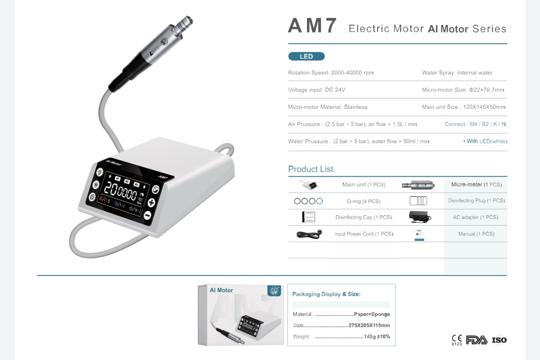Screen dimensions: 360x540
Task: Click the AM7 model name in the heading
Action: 312,26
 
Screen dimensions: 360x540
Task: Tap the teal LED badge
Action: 307,57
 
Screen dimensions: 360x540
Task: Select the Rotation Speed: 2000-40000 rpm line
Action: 331,73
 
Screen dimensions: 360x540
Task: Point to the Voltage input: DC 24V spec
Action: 317,90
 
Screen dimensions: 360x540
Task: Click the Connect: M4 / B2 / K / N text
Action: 475,124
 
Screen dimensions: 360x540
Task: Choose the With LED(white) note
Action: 485,141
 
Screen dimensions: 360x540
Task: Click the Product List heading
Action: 310,169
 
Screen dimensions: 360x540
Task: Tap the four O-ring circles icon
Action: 308,201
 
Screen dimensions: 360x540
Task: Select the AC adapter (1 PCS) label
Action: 475,217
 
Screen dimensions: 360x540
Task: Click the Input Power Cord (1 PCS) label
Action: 364,234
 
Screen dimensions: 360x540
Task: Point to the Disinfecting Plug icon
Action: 418,201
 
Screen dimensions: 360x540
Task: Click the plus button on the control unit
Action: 151,203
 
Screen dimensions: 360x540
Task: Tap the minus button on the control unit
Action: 147,216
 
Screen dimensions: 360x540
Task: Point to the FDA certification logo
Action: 477,340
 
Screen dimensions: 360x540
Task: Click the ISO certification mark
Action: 499,340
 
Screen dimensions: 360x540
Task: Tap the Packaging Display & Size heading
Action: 326,294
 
